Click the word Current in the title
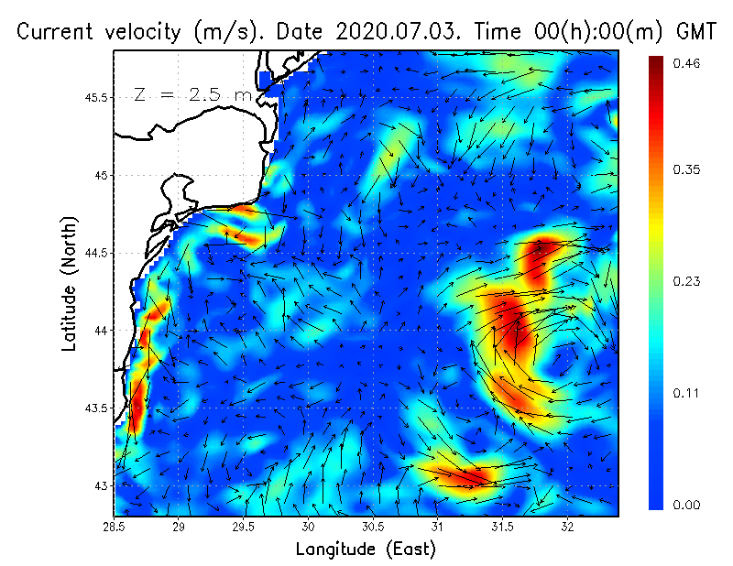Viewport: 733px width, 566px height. pos(55,31)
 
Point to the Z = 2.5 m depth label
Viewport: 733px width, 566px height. pos(192,94)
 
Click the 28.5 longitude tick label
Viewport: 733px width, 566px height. pos(115,528)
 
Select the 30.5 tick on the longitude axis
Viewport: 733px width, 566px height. pos(373,528)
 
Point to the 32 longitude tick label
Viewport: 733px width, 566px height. pos(567,528)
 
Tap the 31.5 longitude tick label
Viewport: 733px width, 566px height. pos(502,528)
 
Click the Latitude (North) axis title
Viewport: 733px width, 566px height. pos(69,284)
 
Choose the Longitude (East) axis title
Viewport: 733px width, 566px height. pos(366,550)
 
